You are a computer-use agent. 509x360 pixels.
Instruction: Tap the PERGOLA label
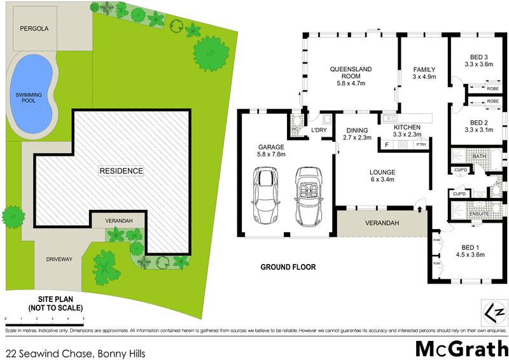click(x=34, y=29)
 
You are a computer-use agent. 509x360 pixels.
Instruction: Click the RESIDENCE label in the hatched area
click(x=121, y=171)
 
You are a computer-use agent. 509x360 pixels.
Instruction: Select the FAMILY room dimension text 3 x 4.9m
click(x=424, y=78)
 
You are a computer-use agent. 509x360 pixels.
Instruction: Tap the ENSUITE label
click(x=479, y=214)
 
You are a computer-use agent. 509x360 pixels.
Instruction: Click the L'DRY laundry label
click(x=318, y=131)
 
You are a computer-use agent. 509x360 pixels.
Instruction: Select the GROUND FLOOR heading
click(x=288, y=267)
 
